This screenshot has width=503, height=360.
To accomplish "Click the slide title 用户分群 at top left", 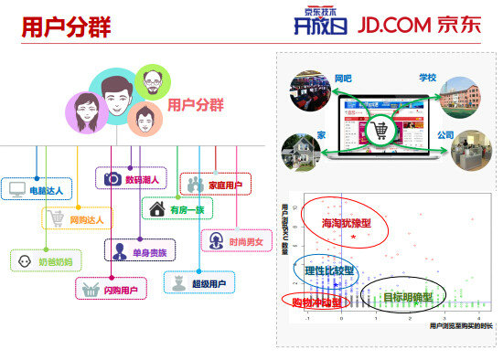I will [x=66, y=27].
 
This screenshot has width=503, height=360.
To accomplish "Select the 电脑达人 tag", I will [x=36, y=190].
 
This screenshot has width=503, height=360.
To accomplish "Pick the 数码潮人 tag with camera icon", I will [x=131, y=179].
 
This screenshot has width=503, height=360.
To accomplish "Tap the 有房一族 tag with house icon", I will [x=178, y=209].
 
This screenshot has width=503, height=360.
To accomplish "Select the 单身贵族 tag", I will [x=141, y=250].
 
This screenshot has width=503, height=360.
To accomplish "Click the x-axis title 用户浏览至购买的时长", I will [x=460, y=325].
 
